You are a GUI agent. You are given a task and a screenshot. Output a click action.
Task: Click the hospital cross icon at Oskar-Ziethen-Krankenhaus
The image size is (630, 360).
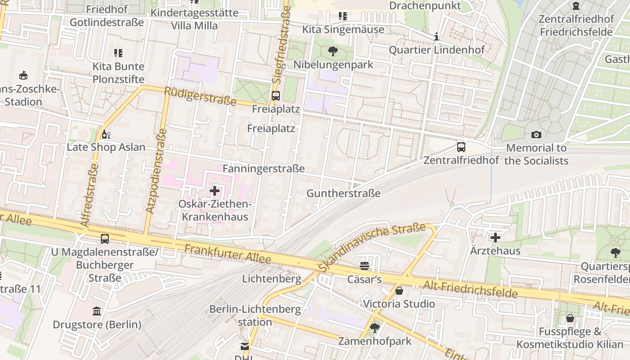click(215, 191)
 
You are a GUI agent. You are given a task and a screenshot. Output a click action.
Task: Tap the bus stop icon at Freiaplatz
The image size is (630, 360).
click(275, 95)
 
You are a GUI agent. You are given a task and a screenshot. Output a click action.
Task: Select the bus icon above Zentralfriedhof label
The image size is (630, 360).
click(461, 147)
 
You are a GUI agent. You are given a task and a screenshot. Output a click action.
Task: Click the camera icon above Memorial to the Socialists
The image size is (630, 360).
click(536, 135)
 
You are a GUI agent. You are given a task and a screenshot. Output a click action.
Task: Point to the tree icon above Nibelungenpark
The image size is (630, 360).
click(333, 51)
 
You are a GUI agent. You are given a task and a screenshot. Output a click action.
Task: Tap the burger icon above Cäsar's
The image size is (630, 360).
click(364, 266)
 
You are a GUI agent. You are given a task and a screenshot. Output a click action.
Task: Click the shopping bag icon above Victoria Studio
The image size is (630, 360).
click(399, 291)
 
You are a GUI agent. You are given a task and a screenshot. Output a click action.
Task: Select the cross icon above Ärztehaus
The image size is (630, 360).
click(495, 238)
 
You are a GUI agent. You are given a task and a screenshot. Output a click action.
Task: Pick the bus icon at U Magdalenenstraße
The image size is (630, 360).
click(105, 239)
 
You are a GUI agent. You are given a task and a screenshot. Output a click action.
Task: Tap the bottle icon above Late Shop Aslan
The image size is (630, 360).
click(106, 134)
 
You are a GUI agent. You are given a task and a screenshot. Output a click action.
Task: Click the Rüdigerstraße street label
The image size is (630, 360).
click(200, 96)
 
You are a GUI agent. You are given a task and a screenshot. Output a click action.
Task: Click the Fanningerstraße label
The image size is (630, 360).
click(264, 169)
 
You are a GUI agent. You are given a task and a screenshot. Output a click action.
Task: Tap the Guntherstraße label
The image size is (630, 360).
click(343, 193)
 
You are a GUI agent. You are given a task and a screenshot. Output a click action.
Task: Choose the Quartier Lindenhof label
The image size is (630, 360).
click(436, 49)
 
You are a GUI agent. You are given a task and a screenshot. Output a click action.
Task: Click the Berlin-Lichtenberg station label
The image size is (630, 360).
click(255, 315)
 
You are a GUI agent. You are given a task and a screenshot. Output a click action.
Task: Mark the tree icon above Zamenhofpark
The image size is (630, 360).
click(374, 328)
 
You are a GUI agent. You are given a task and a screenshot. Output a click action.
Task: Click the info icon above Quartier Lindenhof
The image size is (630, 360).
click(436, 36)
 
